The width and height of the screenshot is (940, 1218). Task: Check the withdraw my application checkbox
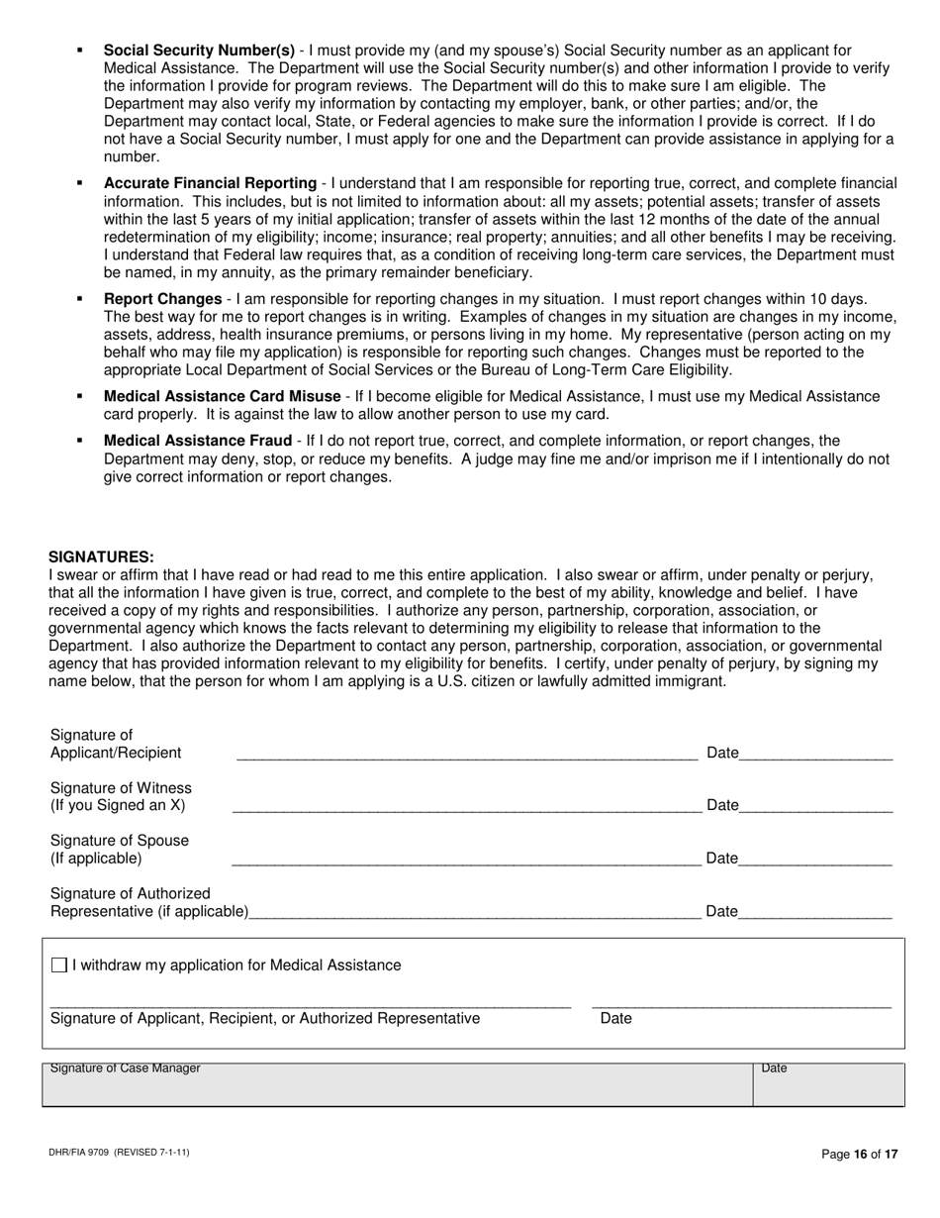click(x=59, y=964)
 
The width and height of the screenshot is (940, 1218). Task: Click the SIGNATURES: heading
click(x=101, y=557)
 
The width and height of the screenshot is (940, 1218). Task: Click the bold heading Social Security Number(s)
click(x=199, y=51)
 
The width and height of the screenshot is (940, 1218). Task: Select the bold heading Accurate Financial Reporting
click(x=210, y=183)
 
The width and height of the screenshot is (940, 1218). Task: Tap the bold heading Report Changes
click(x=162, y=299)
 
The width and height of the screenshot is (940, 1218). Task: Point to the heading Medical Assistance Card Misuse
click(x=222, y=396)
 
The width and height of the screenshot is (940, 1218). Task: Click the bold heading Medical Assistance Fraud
click(x=197, y=441)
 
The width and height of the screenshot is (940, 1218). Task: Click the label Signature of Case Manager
click(x=125, y=1068)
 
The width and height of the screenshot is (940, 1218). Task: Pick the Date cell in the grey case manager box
click(x=827, y=1084)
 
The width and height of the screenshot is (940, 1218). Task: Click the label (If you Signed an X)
click(x=118, y=805)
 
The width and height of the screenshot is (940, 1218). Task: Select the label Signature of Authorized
click(x=131, y=893)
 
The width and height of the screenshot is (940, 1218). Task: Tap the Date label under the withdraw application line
click(x=615, y=1018)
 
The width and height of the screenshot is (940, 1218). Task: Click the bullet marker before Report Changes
click(x=79, y=299)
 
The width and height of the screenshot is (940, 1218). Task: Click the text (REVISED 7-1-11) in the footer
click(x=151, y=1154)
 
